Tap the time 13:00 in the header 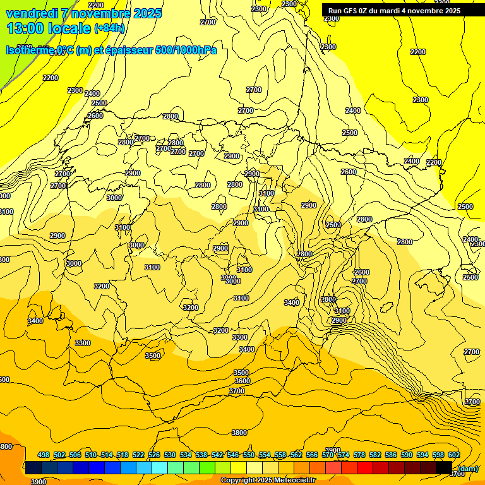click(x=25, y=28)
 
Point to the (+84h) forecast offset click(x=109, y=28)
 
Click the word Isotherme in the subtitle click(x=30, y=50)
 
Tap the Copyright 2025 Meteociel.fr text click(x=268, y=481)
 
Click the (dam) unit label click(x=467, y=468)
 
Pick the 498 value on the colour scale click(x=44, y=455)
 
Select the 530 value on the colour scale click(x=170, y=455)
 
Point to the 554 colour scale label click(x=265, y=455)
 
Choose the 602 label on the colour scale click(x=454, y=455)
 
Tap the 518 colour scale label click(x=123, y=455)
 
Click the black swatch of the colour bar click(x=444, y=467)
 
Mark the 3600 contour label click(x=242, y=381)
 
